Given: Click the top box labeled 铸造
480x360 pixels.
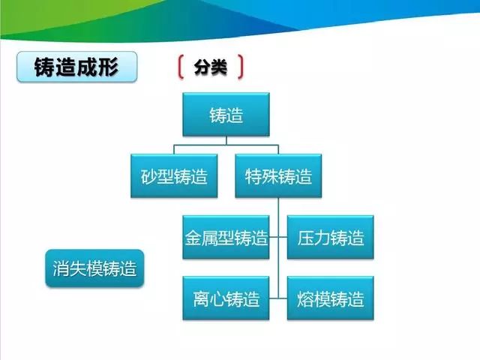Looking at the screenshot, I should (x=226, y=115).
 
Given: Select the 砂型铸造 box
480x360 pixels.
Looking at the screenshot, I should (x=174, y=176).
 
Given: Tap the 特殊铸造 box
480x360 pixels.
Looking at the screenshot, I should (x=278, y=176).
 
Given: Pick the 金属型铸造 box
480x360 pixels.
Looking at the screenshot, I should (x=226, y=238).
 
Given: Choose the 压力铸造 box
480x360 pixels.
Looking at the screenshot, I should (x=330, y=238).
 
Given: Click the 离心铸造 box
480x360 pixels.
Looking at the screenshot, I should (x=226, y=298).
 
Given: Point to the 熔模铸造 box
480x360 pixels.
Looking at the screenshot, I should (x=330, y=298).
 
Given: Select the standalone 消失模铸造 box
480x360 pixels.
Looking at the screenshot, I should (x=94, y=268).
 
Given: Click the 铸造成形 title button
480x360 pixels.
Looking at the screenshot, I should (x=77, y=67).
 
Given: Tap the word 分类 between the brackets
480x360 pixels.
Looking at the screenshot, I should (x=210, y=67).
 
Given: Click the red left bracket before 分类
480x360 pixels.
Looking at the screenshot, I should (x=181, y=67).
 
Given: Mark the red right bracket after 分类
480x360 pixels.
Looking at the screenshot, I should (x=240, y=67).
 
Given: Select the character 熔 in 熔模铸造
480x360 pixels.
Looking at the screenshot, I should (x=305, y=299).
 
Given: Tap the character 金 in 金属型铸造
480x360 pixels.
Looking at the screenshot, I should (x=193, y=238).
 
